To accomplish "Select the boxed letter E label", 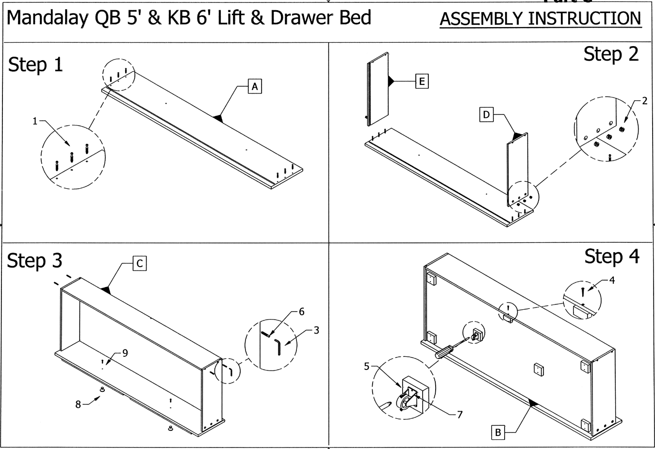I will [422, 81].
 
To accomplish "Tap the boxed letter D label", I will [486, 115].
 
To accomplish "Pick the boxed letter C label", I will [139, 263].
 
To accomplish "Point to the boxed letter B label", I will [497, 432].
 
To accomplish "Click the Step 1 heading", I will [35, 64].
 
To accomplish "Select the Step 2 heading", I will [611, 54].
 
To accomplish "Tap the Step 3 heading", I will [34, 261].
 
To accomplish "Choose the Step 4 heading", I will [611, 257].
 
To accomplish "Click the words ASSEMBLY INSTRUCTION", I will [540, 19].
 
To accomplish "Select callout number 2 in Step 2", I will [644, 101].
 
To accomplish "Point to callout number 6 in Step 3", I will [301, 312].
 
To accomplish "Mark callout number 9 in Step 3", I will [125, 353].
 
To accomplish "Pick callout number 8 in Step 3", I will [78, 404].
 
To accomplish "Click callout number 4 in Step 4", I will [612, 280].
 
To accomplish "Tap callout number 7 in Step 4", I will [459, 415].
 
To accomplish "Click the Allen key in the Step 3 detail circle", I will [278, 346].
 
